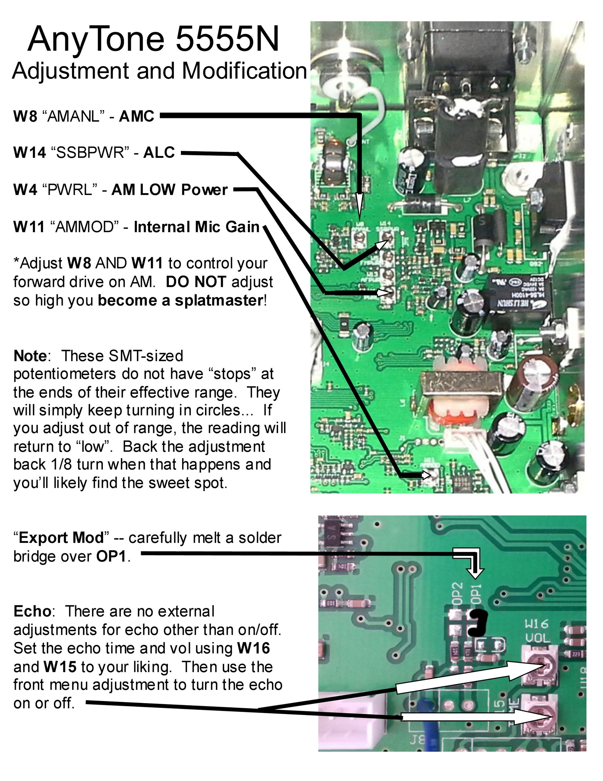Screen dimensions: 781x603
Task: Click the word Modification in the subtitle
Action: click(244, 71)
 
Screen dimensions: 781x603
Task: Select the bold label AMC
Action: click(136, 116)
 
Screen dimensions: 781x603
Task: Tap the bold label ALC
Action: click(159, 153)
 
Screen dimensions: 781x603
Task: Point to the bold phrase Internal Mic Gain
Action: click(196, 227)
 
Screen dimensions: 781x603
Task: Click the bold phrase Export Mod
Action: click(61, 538)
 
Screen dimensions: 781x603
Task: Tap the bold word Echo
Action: click(32, 611)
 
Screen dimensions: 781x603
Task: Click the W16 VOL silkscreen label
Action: click(537, 631)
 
